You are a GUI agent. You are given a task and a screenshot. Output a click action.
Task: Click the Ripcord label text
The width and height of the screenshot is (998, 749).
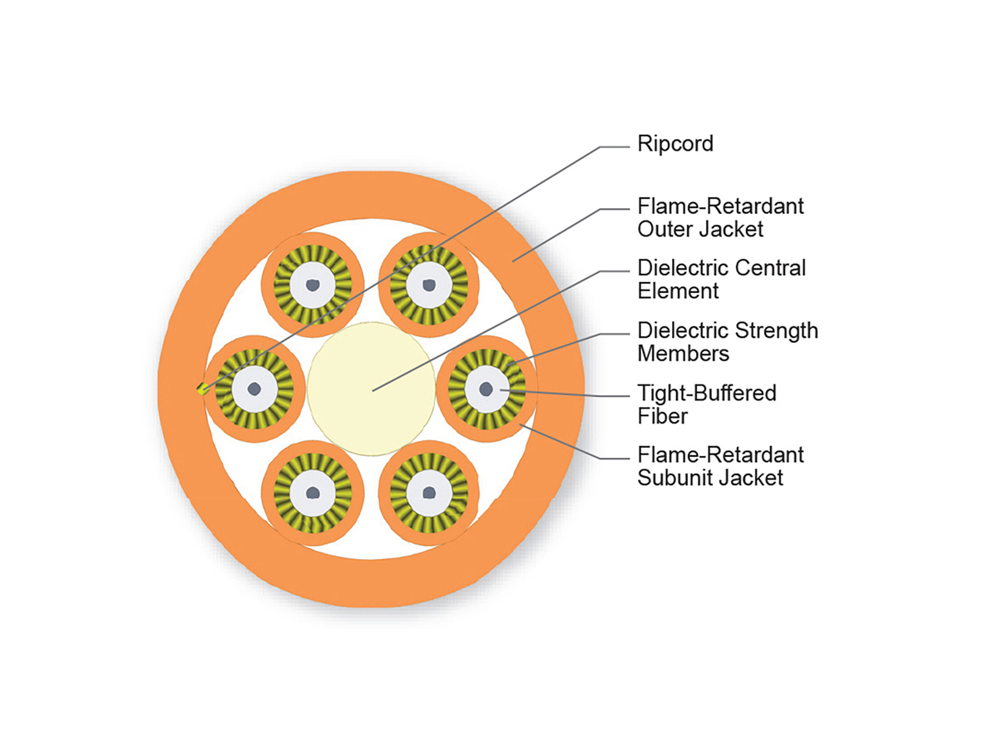coord(675,144)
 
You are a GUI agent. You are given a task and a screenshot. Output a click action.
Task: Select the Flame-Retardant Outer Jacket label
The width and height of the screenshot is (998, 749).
coord(720,216)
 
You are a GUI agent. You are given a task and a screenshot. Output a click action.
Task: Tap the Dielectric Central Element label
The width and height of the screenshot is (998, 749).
coord(721,280)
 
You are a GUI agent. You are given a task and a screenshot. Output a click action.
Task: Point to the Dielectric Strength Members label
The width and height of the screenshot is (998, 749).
coord(727,342)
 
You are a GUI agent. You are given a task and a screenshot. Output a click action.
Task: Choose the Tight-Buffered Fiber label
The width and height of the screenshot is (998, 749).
coord(706,404)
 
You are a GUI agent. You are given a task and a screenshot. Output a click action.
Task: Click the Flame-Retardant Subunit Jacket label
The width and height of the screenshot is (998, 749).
coord(720,466)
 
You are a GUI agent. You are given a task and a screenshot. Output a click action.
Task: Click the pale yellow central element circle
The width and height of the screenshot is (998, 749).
coord(371,389)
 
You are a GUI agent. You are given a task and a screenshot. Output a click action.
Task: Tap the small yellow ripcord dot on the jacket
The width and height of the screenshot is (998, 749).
coord(200,388)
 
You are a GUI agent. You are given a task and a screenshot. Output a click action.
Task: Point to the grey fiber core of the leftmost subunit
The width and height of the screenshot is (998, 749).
coord(254,389)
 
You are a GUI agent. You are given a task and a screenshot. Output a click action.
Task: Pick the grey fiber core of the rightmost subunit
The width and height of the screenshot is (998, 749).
coord(487,389)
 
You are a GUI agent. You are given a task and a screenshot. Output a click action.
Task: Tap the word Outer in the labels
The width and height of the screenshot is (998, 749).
coord(663,228)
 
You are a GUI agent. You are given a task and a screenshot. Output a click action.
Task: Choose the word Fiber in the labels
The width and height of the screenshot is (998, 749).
coord(663,415)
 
